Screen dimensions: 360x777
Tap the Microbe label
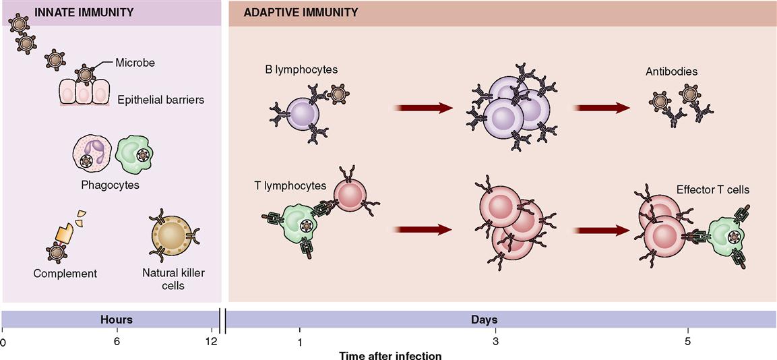point(135,63)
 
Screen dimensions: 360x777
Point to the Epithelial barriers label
point(160,100)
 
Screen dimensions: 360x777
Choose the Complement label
point(65,273)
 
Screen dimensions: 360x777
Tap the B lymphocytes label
point(301,69)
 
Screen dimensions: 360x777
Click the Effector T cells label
point(712,189)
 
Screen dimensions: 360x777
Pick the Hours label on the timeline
point(117,319)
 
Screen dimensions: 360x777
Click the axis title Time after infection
point(390,355)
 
